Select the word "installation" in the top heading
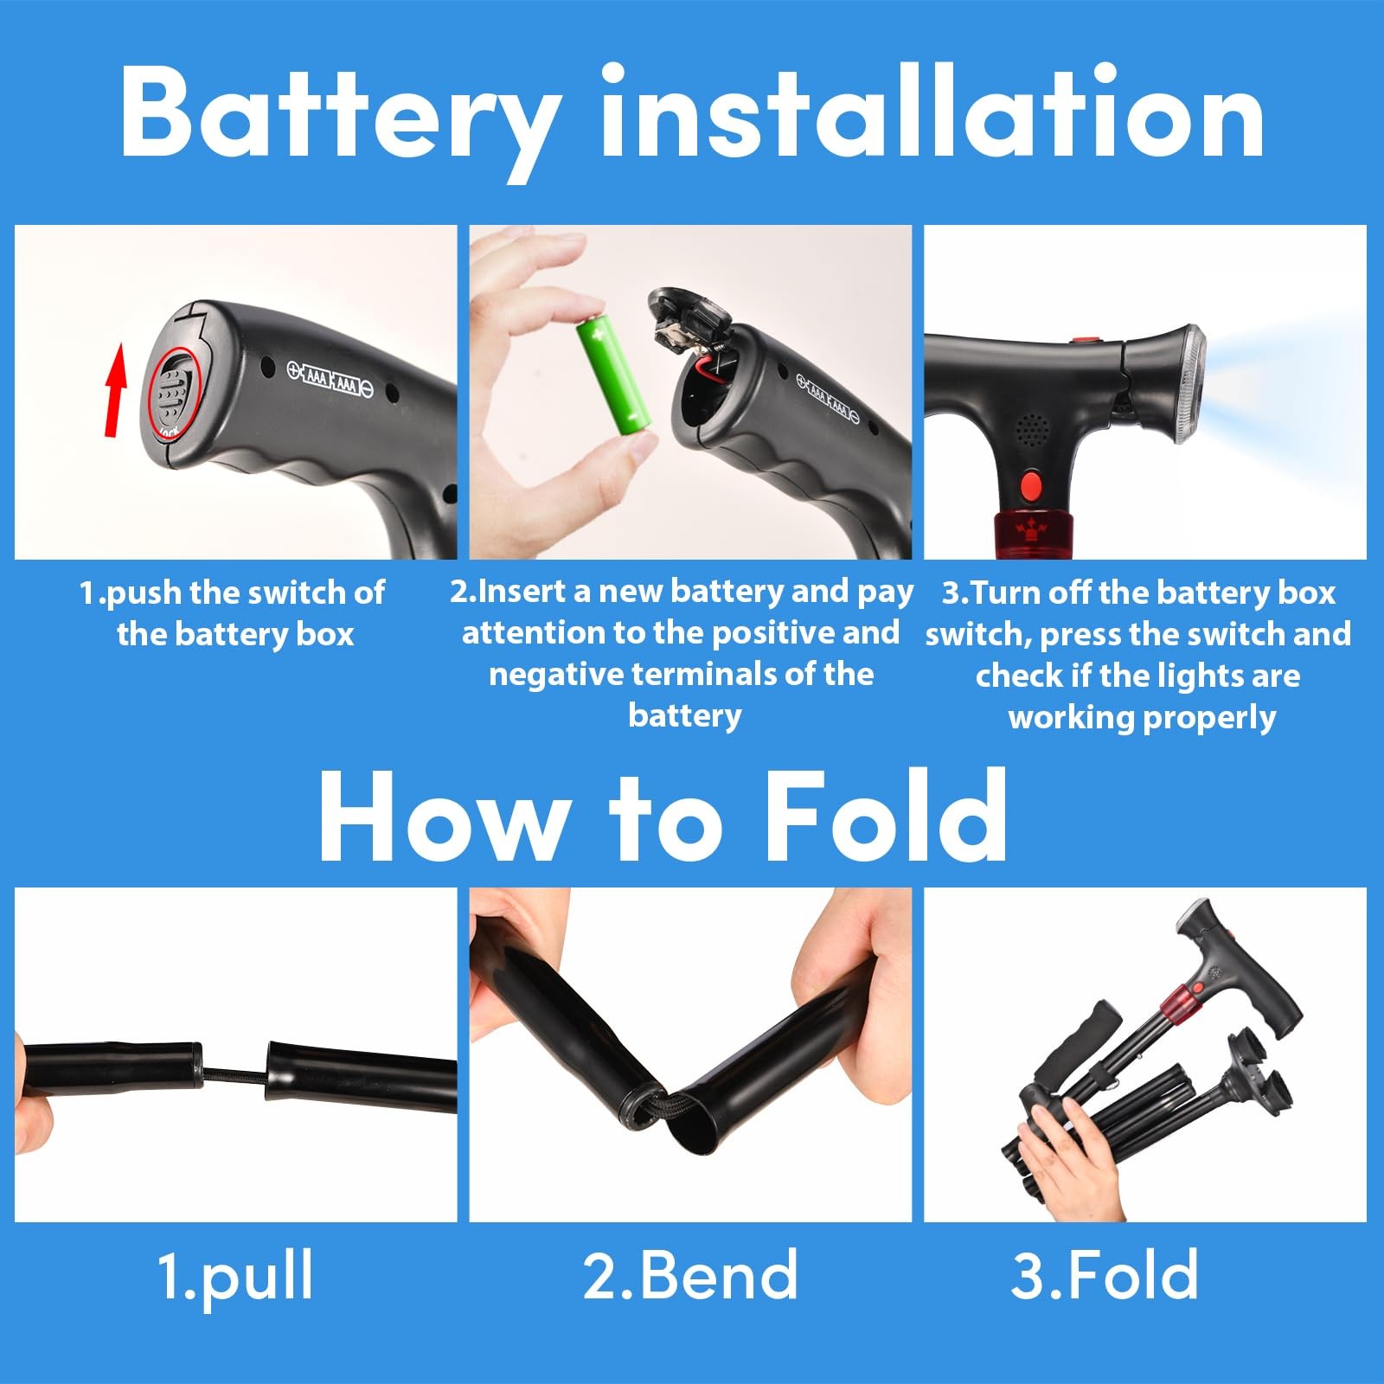pyautogui.click(x=932, y=112)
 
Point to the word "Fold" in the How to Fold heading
pyautogui.click(x=886, y=817)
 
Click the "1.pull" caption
pyautogui.click(x=235, y=1275)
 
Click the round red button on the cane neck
pyautogui.click(x=1030, y=485)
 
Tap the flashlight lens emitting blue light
pyautogui.click(x=1193, y=384)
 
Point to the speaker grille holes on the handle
pyautogui.click(x=1030, y=427)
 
